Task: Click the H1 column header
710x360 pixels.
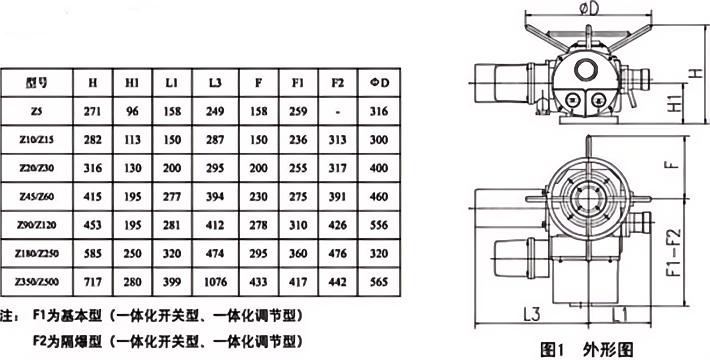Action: [x=133, y=82]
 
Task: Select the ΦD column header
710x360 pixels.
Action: [x=379, y=82]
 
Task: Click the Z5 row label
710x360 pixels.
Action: [x=37, y=111]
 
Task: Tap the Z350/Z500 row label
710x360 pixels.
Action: [x=37, y=282]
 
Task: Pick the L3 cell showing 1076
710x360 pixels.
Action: [x=215, y=282]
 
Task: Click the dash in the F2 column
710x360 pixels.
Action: [x=338, y=111]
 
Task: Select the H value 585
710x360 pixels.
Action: [x=93, y=253]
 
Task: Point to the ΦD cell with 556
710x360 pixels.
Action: [x=379, y=225]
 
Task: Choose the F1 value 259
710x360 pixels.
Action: [x=298, y=111]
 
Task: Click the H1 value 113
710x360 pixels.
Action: [x=133, y=139]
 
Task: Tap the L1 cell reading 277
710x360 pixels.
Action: [x=172, y=196]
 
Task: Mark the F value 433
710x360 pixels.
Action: [x=258, y=282]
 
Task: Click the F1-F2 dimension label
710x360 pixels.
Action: [x=675, y=252]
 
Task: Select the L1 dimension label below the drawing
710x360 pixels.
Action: [x=620, y=314]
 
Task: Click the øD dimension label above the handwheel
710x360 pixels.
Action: [x=588, y=9]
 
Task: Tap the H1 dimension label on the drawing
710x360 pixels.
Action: [x=675, y=103]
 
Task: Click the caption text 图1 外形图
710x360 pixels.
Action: [x=586, y=349]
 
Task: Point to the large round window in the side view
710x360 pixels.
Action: [x=587, y=70]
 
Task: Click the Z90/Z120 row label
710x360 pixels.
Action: [x=37, y=225]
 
